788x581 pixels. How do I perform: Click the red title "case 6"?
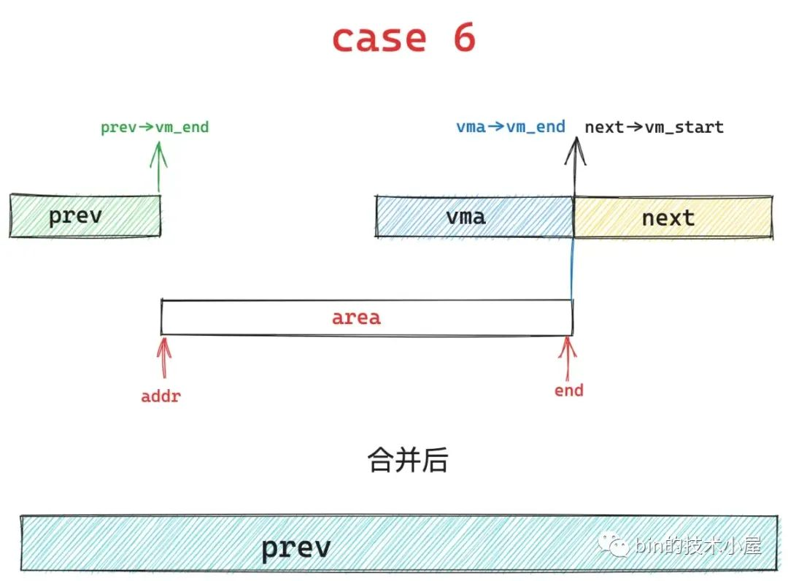(403, 38)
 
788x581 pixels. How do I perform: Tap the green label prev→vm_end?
(155, 128)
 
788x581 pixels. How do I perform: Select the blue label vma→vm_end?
(511, 127)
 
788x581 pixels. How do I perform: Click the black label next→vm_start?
(654, 128)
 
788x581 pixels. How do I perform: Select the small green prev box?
(85, 216)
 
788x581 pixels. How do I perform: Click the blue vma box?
(474, 217)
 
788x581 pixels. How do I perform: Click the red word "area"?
(356, 318)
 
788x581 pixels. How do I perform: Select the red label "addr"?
(161, 397)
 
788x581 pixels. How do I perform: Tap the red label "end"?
(568, 390)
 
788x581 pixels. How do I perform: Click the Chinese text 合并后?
(408, 461)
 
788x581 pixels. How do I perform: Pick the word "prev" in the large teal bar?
(295, 547)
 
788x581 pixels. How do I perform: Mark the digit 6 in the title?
(462, 38)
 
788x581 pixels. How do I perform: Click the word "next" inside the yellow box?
(668, 218)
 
